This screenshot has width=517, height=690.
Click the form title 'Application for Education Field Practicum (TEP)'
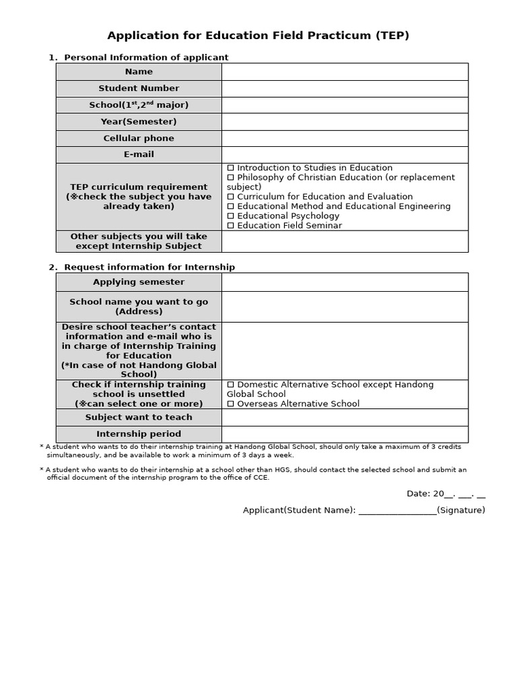pos(258,36)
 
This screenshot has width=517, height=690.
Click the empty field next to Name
pos(345,71)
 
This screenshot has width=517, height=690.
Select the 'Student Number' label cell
pos(139,88)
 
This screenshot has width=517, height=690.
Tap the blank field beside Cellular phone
pos(345,138)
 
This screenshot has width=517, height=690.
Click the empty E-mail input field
pos(345,154)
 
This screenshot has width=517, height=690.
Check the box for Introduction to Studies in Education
pos(231,168)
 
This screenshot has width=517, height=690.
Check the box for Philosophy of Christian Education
pos(231,178)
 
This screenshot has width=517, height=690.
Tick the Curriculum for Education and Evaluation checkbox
pos(231,197)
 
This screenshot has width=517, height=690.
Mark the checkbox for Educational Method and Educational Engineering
pos(231,207)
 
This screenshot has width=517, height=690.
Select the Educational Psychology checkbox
pos(231,216)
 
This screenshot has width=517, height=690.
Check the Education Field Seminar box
pos(231,226)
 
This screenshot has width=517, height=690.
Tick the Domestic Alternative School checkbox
pos(231,385)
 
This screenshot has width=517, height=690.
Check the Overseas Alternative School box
pos(231,404)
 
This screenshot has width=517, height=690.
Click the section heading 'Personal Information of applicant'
pos(146,57)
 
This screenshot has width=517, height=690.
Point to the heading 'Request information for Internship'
pos(149,268)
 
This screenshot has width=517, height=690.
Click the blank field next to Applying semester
pos(345,282)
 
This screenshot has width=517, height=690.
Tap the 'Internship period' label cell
pos(139,434)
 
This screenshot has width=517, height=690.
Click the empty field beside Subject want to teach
pos(345,417)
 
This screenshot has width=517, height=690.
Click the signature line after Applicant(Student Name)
pos(397,511)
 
